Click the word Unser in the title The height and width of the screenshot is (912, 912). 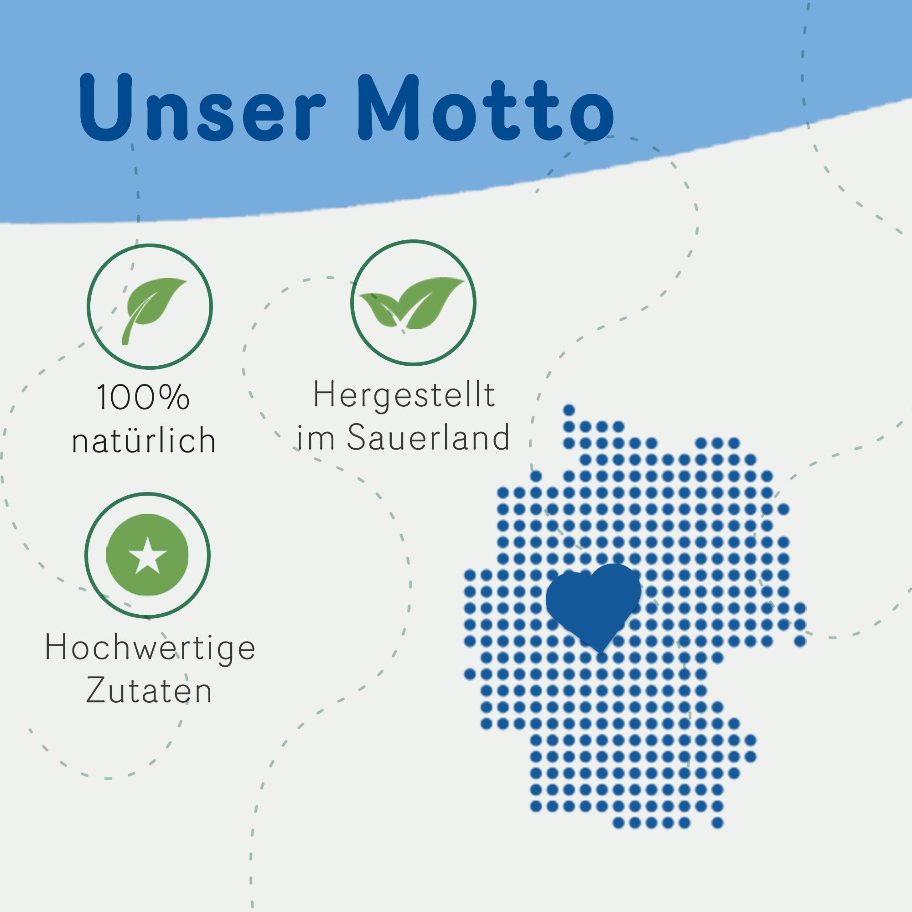[x=202, y=107]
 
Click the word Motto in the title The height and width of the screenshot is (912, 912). [x=486, y=108]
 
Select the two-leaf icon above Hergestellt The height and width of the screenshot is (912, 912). [x=412, y=303]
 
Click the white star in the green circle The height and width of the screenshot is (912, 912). [x=148, y=555]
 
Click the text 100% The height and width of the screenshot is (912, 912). [x=144, y=397]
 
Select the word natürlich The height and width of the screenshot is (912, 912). [x=144, y=440]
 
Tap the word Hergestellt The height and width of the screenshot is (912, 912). [x=404, y=395]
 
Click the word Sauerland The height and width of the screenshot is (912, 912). [x=429, y=437]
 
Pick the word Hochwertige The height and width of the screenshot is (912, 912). [x=150, y=648]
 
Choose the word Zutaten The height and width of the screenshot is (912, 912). [x=149, y=690]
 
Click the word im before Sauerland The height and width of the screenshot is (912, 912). [x=316, y=437]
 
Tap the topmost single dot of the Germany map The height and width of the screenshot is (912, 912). [x=569, y=410]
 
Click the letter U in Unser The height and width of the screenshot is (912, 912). [x=105, y=107]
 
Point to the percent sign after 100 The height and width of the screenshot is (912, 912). [x=174, y=397]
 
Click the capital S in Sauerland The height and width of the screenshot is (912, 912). [x=358, y=437]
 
